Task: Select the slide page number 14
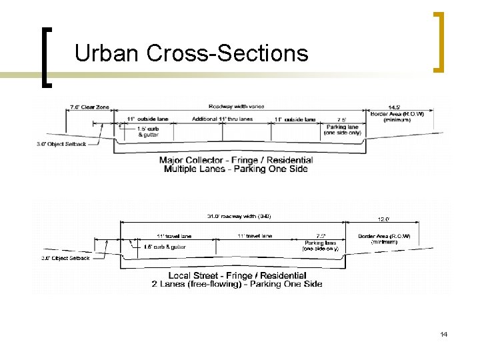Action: pyautogui.click(x=443, y=333)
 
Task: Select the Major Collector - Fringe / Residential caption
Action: pyautogui.click(x=236, y=160)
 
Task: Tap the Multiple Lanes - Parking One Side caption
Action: pyautogui.click(x=236, y=169)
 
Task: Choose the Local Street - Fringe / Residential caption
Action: pyautogui.click(x=237, y=275)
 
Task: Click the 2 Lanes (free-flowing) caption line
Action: pyautogui.click(x=237, y=284)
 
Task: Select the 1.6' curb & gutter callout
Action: pyautogui.click(x=165, y=247)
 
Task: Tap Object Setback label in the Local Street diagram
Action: pyautogui.click(x=65, y=258)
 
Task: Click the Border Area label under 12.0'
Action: pyautogui.click(x=384, y=239)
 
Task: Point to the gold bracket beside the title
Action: pyautogui.click(x=439, y=41)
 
